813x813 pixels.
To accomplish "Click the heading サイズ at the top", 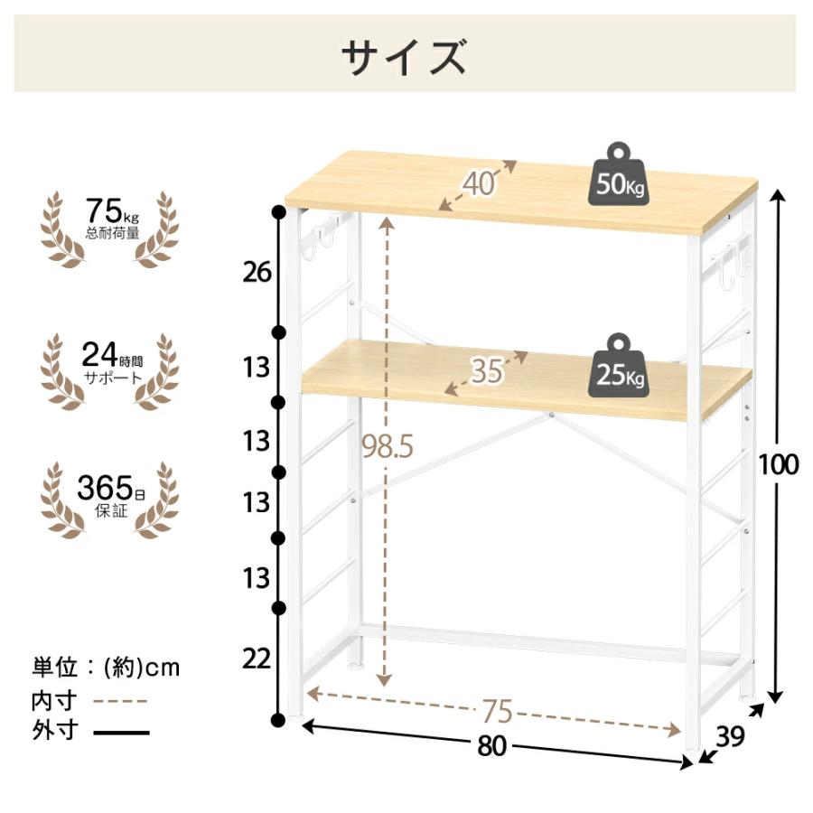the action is pos(404,56).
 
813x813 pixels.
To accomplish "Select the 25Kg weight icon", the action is pos(619,366).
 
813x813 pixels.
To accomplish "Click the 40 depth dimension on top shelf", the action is pos(478,184).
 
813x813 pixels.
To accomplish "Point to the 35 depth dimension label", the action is pos(487,371).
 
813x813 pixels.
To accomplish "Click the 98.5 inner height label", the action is pos(388,446).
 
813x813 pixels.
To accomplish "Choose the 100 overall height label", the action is pos(778,464).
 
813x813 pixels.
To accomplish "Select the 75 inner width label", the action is pos(497,711).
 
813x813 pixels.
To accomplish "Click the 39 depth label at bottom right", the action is pos(730,735).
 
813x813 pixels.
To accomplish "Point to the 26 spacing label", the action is pos(257,272).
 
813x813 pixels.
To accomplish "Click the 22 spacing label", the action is pos(257,659).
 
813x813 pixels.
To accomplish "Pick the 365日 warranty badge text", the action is pos(111,495).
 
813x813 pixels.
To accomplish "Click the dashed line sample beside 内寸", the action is pos(121,702).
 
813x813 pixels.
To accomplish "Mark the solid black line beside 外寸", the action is pos(121,733).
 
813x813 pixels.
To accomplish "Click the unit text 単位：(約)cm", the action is pos(106,668).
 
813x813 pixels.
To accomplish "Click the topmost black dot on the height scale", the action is pos(279,211).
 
